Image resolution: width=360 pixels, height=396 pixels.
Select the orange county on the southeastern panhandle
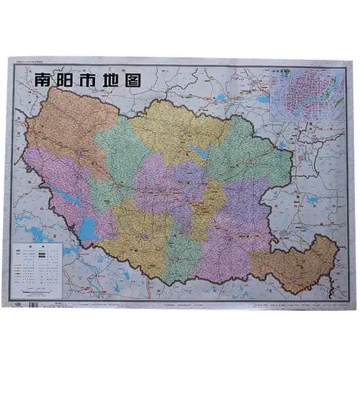[302, 263]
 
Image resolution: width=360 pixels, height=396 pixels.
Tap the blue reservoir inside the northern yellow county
[198, 153]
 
